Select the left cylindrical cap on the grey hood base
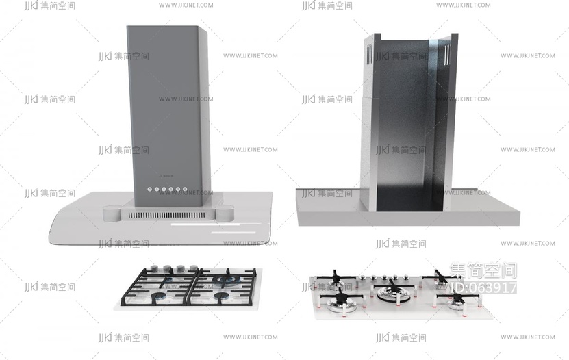(112, 212)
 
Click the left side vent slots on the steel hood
(370, 51)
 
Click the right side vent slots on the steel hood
(450, 52)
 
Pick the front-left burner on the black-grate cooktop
(158, 297)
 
